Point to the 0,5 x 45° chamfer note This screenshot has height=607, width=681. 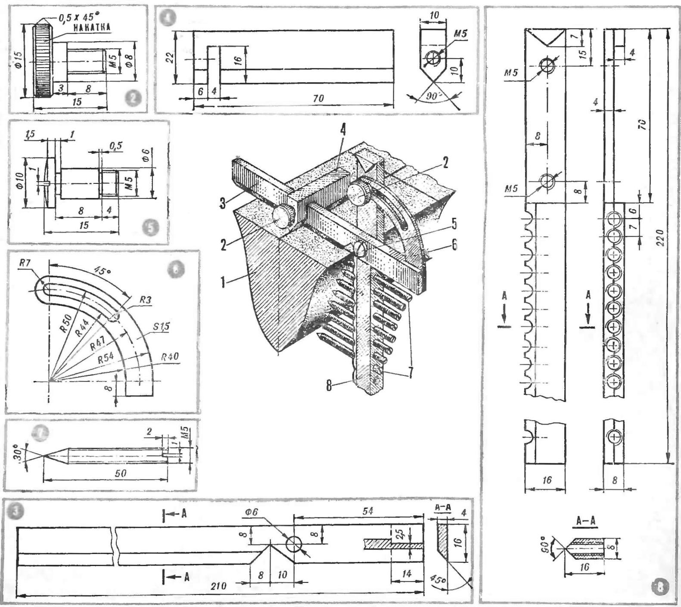[76, 19]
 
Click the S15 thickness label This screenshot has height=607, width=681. [161, 327]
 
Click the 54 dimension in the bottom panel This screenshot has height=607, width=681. [367, 511]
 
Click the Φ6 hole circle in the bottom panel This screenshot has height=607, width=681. [294, 544]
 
